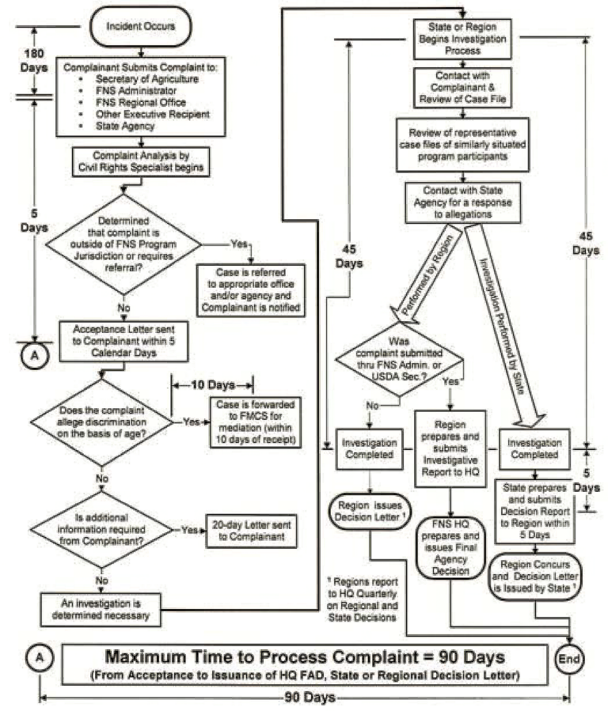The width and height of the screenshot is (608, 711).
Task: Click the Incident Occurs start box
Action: click(141, 25)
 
